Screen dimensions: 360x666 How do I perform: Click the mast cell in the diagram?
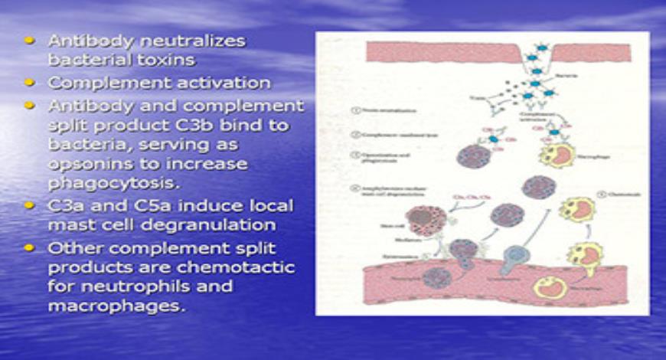click(x=420, y=222)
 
